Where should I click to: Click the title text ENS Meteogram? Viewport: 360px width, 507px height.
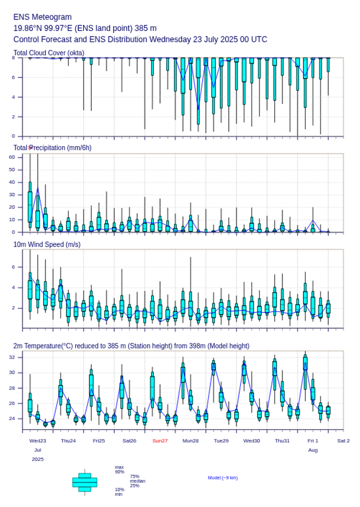pos(43,17)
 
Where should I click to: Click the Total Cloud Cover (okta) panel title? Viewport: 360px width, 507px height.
pos(49,53)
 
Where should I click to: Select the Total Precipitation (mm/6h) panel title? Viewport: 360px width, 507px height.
pos(53,148)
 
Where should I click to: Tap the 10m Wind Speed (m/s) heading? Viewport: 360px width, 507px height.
pos(47,244)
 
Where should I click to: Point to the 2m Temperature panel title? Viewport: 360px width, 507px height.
pos(131,346)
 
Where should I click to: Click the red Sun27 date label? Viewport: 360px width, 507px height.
pos(160,441)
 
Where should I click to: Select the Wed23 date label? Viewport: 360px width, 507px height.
pos(38,441)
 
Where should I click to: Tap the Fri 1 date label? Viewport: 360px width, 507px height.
pos(313,441)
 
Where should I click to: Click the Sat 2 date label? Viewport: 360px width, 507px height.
pos(343,441)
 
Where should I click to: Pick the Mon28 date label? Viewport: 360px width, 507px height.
pos(191,441)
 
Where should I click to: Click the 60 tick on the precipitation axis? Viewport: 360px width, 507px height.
pos(12,157)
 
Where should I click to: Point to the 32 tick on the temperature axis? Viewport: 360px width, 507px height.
pos(12,357)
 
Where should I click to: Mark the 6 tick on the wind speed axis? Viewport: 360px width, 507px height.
pos(13,267)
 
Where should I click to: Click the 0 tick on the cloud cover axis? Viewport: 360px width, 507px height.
pos(13,136)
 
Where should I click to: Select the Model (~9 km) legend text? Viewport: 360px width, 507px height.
pos(223,478)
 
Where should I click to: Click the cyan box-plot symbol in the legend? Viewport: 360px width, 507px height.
pos(85,482)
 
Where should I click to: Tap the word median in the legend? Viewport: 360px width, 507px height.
pos(137,481)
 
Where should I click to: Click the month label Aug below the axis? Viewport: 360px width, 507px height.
pos(313,450)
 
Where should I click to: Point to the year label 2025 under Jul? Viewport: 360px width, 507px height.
pos(38,459)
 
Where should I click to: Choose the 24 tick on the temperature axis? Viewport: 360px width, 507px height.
pos(12,418)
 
